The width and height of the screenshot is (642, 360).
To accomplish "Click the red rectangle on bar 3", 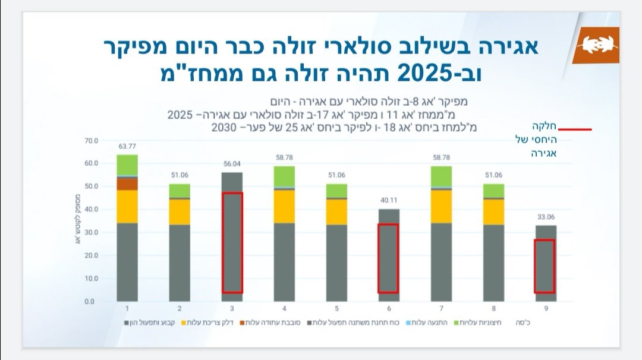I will [x=232, y=242].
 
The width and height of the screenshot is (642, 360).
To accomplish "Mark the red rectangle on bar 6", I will [x=388, y=258].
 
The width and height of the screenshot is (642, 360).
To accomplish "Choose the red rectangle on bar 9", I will [x=545, y=266].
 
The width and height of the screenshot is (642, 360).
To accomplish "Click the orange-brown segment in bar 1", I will [x=127, y=184].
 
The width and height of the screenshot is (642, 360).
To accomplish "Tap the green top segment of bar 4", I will [x=284, y=176].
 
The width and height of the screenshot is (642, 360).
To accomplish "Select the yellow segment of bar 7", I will [x=441, y=206].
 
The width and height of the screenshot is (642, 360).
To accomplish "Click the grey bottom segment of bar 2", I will [x=180, y=263].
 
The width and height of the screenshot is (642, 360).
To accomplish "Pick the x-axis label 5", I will [x=336, y=309].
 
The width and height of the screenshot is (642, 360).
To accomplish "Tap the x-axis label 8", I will [x=493, y=309].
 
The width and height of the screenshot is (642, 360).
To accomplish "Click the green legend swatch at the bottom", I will [x=457, y=323].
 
